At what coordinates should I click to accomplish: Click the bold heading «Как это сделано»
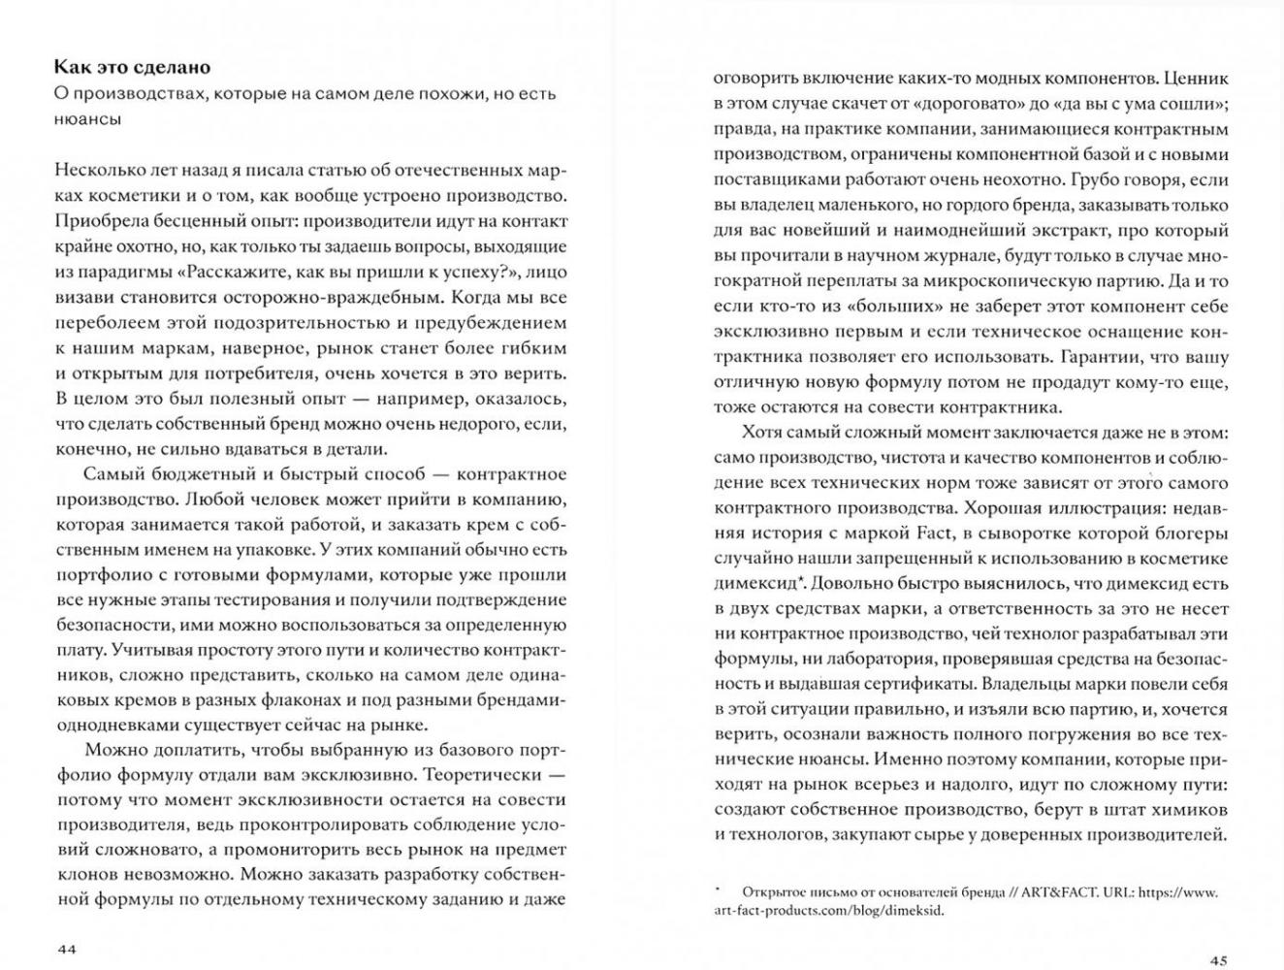point(132,67)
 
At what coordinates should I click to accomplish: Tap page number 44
point(65,948)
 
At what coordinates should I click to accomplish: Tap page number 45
point(1218,960)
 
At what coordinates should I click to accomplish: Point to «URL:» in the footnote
point(1117,892)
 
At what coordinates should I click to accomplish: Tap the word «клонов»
point(82,875)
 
